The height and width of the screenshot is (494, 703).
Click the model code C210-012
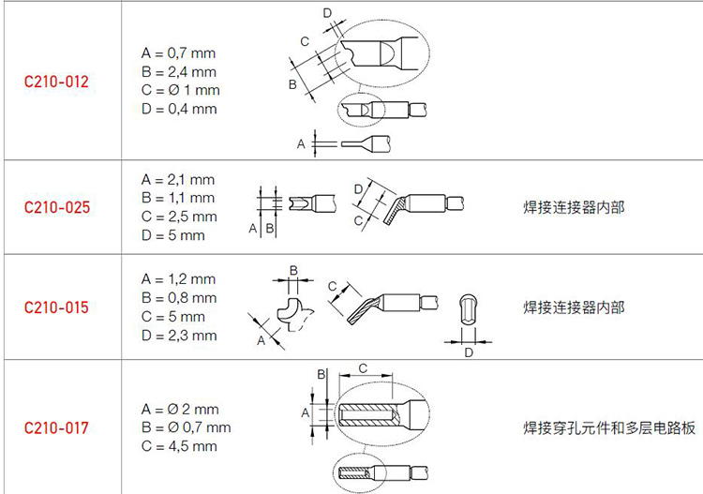point(56,82)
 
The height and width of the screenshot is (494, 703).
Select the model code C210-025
point(57,207)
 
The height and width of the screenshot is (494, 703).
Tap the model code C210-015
point(56,307)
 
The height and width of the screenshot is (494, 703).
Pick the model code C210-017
point(56,427)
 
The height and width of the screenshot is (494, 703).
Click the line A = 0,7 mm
point(178,52)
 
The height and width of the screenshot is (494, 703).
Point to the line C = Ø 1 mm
point(180,90)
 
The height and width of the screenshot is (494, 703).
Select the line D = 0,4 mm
point(179,109)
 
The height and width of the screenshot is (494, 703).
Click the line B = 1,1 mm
point(178,198)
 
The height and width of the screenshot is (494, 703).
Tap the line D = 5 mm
point(173,235)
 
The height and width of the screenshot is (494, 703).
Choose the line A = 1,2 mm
point(178,279)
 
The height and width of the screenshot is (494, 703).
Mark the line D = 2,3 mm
point(179,336)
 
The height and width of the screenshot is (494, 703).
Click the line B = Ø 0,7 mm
point(187,427)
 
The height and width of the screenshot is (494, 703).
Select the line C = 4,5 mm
point(179,446)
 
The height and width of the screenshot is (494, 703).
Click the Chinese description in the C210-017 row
point(609,428)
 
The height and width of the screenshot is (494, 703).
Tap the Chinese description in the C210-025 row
point(574,207)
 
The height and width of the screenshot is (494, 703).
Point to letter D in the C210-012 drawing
point(327,13)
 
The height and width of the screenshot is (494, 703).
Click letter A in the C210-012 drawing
point(301,144)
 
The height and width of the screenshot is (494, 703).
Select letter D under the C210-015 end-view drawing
point(469,352)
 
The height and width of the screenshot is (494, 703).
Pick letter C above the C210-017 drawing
point(363,368)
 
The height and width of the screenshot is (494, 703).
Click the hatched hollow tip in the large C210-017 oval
point(367,415)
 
